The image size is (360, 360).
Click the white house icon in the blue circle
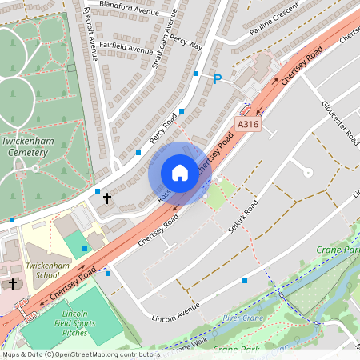180,173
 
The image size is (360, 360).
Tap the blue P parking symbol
217,79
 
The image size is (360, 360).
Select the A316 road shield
248,125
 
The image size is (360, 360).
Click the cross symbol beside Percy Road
107,197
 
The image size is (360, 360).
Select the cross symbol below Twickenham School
13,285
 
